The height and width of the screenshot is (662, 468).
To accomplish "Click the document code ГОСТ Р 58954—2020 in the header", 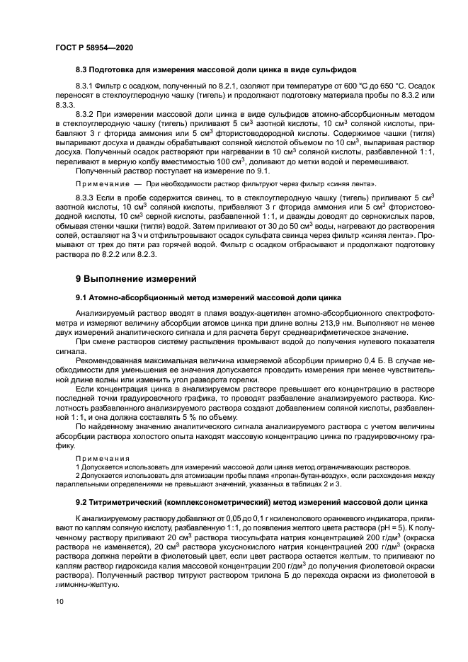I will (94, 47).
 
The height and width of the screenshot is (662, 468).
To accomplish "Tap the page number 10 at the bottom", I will (59, 601).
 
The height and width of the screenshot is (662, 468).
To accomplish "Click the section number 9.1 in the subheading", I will (84, 297).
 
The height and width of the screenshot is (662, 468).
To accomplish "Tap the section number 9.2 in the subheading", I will (84, 502).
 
